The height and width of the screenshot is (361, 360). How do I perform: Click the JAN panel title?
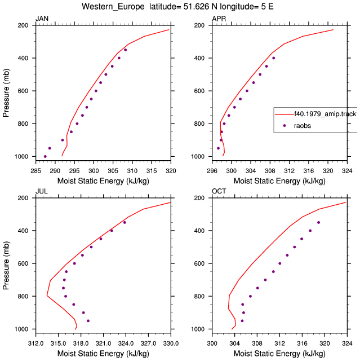(42, 19)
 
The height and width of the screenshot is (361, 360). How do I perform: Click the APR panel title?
(219, 19)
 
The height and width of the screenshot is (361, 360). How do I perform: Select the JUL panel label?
(42, 191)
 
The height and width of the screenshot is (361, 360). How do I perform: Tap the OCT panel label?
(219, 191)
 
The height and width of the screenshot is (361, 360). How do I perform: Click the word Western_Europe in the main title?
(113, 7)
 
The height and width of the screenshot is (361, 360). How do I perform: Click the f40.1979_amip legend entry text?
(326, 114)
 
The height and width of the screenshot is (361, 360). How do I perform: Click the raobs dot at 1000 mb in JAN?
(45, 157)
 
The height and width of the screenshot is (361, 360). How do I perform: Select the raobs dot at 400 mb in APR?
(274, 58)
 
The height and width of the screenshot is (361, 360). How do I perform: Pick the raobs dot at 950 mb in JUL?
(88, 321)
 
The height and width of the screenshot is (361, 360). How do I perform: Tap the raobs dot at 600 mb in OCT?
(280, 263)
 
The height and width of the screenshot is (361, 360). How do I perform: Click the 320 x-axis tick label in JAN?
(171, 171)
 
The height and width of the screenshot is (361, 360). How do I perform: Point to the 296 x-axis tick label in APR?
(212, 171)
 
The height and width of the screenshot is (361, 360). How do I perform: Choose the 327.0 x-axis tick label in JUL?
(148, 344)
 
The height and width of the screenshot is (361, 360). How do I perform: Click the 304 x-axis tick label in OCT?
(234, 344)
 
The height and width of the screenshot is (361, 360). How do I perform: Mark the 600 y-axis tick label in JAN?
(23, 91)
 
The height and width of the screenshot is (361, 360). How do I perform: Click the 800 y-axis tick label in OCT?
(199, 296)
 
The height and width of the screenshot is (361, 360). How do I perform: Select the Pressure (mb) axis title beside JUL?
(6, 265)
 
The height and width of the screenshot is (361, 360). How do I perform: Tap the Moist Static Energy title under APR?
(279, 181)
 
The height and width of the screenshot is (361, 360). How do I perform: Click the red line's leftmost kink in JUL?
(47, 295)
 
